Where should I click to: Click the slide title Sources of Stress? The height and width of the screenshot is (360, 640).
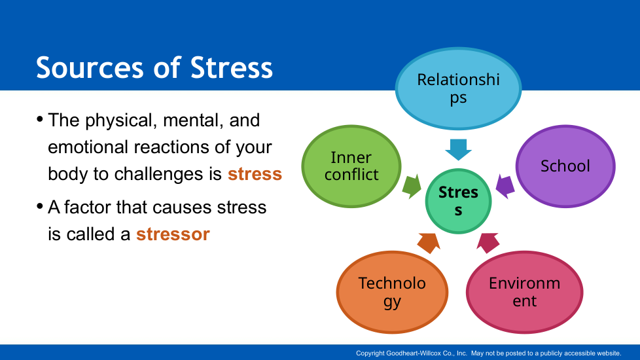154,67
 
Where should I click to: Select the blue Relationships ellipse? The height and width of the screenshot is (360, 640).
458,88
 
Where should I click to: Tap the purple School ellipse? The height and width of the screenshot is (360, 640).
565,166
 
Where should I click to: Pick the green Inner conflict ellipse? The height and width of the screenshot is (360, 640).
351,166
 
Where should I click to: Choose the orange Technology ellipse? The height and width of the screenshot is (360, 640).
392,292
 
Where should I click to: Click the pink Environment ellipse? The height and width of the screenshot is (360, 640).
524,292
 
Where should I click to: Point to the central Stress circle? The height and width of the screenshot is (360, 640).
458,201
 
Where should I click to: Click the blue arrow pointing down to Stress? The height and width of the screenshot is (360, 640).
458,149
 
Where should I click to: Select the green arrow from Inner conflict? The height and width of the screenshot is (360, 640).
412,187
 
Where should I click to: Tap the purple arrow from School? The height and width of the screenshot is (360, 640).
505,187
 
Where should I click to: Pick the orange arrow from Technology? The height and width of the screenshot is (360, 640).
429,243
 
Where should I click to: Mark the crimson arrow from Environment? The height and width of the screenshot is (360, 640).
488,243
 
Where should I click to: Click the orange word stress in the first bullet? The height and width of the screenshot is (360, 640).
255,174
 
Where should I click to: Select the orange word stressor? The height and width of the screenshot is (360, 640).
173,234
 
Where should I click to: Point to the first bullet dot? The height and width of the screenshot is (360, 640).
40,119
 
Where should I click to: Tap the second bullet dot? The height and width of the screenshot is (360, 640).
40,206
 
